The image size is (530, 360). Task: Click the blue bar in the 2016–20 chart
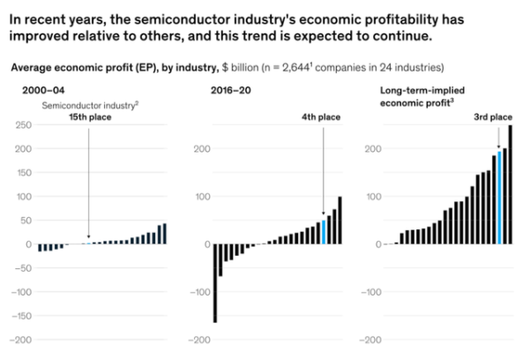point(324,231)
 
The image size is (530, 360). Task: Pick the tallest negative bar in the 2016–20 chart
point(215,283)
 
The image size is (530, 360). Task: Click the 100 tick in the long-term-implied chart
point(371,197)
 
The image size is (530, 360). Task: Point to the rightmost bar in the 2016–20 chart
point(340,221)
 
